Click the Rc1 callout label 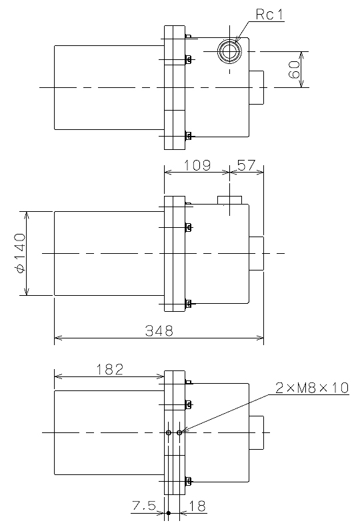(x=269, y=15)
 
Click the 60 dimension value (x=295, y=69)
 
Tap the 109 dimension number (x=197, y=165)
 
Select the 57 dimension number (x=247, y=165)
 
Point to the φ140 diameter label (x=20, y=253)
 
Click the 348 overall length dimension (x=159, y=331)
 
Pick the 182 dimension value (x=110, y=370)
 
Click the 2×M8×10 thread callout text (x=312, y=388)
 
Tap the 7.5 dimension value (x=144, y=506)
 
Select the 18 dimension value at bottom (x=197, y=506)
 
